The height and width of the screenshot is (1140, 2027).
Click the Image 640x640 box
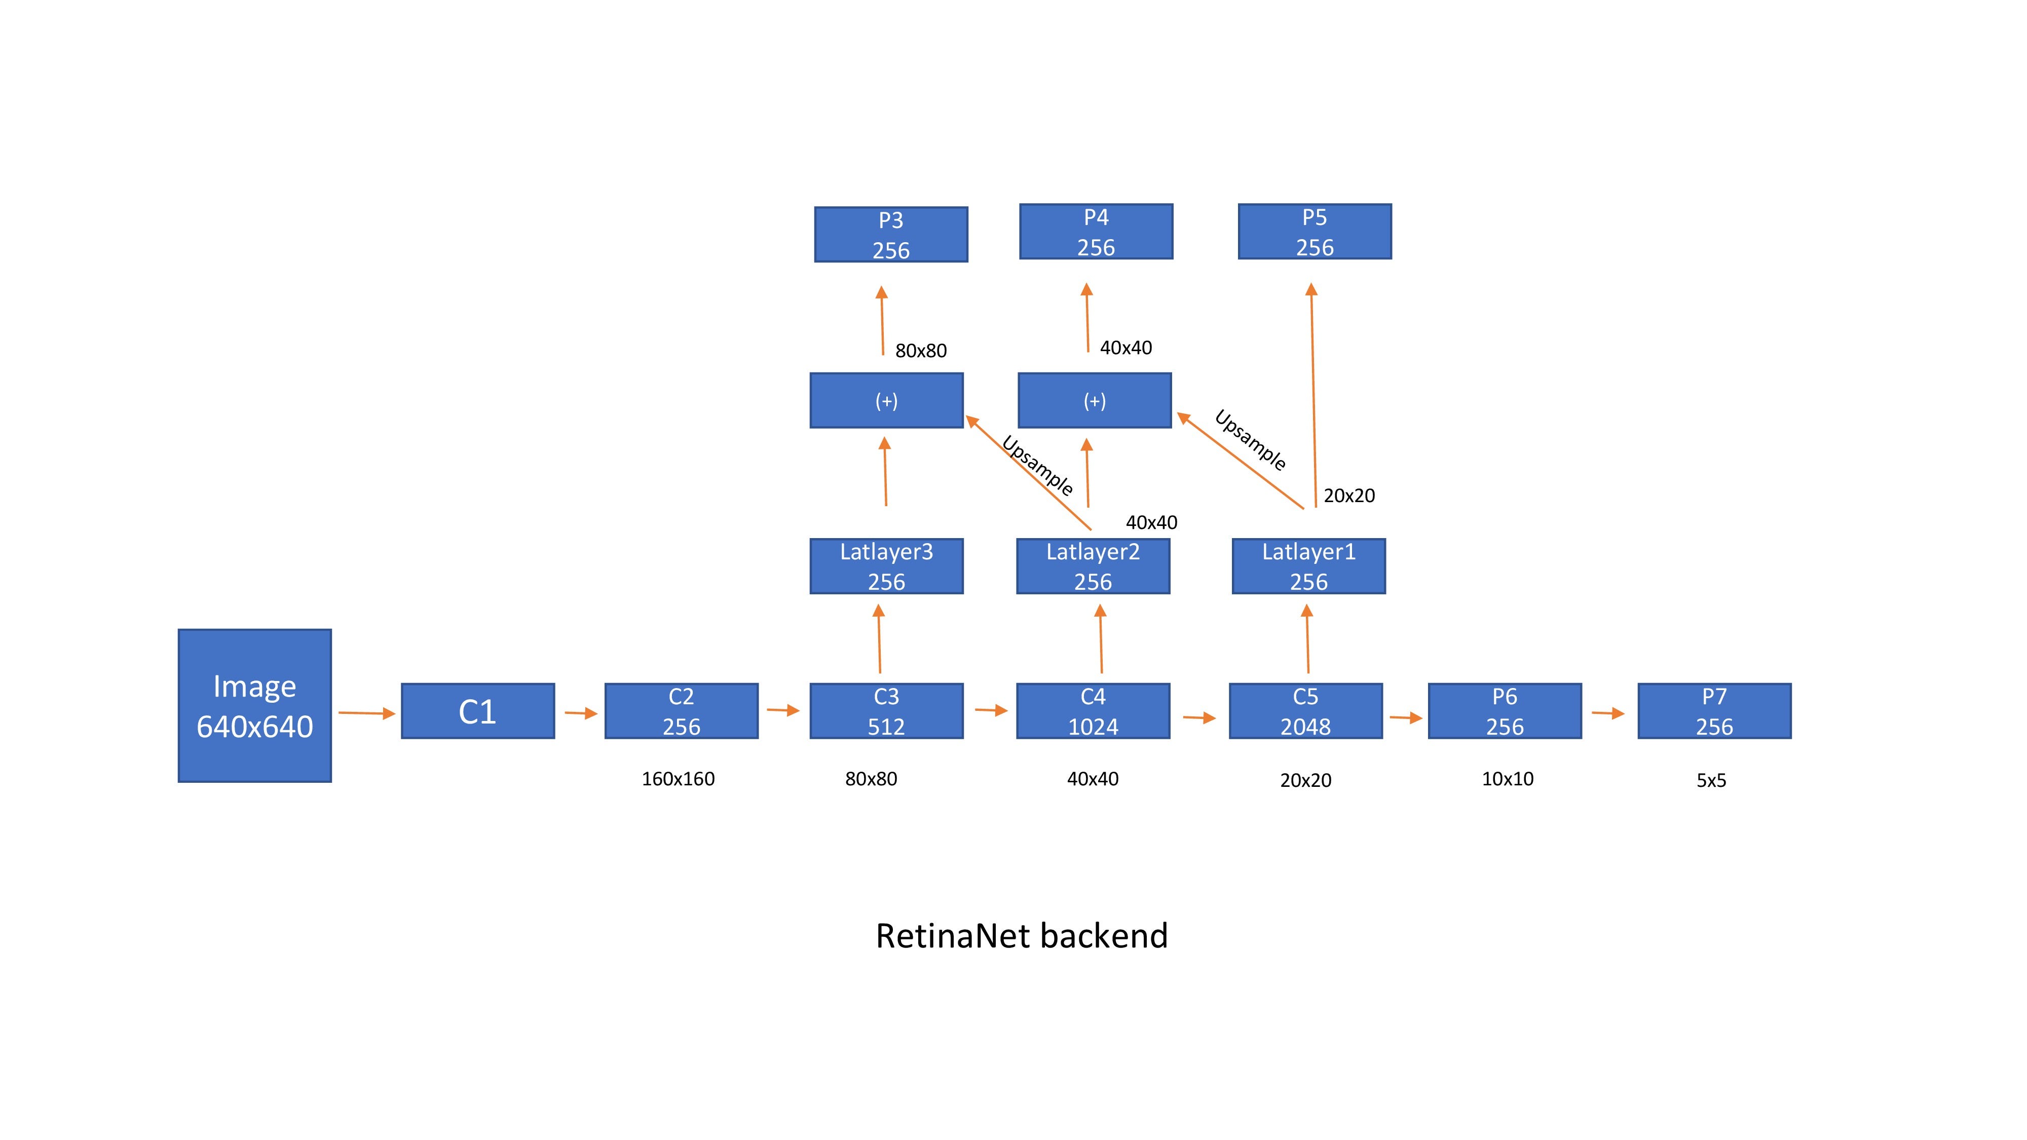pyautogui.click(x=254, y=706)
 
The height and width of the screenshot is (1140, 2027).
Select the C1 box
pyautogui.click(x=478, y=711)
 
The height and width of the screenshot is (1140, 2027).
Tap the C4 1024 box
pyautogui.click(x=1093, y=711)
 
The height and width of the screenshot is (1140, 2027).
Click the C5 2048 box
pyautogui.click(x=1305, y=711)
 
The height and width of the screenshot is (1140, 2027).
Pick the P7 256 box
pyautogui.click(x=1714, y=711)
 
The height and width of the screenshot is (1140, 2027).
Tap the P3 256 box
pyautogui.click(x=891, y=235)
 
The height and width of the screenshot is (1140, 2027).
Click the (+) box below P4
pyautogui.click(x=1095, y=400)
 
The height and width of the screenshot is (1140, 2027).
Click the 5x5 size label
pyautogui.click(x=1711, y=780)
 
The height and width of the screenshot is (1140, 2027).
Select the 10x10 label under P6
pyautogui.click(x=1507, y=779)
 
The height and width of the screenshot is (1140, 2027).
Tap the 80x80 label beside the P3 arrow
pyautogui.click(x=921, y=351)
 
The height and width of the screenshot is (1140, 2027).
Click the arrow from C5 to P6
pyautogui.click(x=1405, y=717)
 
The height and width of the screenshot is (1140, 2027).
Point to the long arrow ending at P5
pyautogui.click(x=1313, y=393)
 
